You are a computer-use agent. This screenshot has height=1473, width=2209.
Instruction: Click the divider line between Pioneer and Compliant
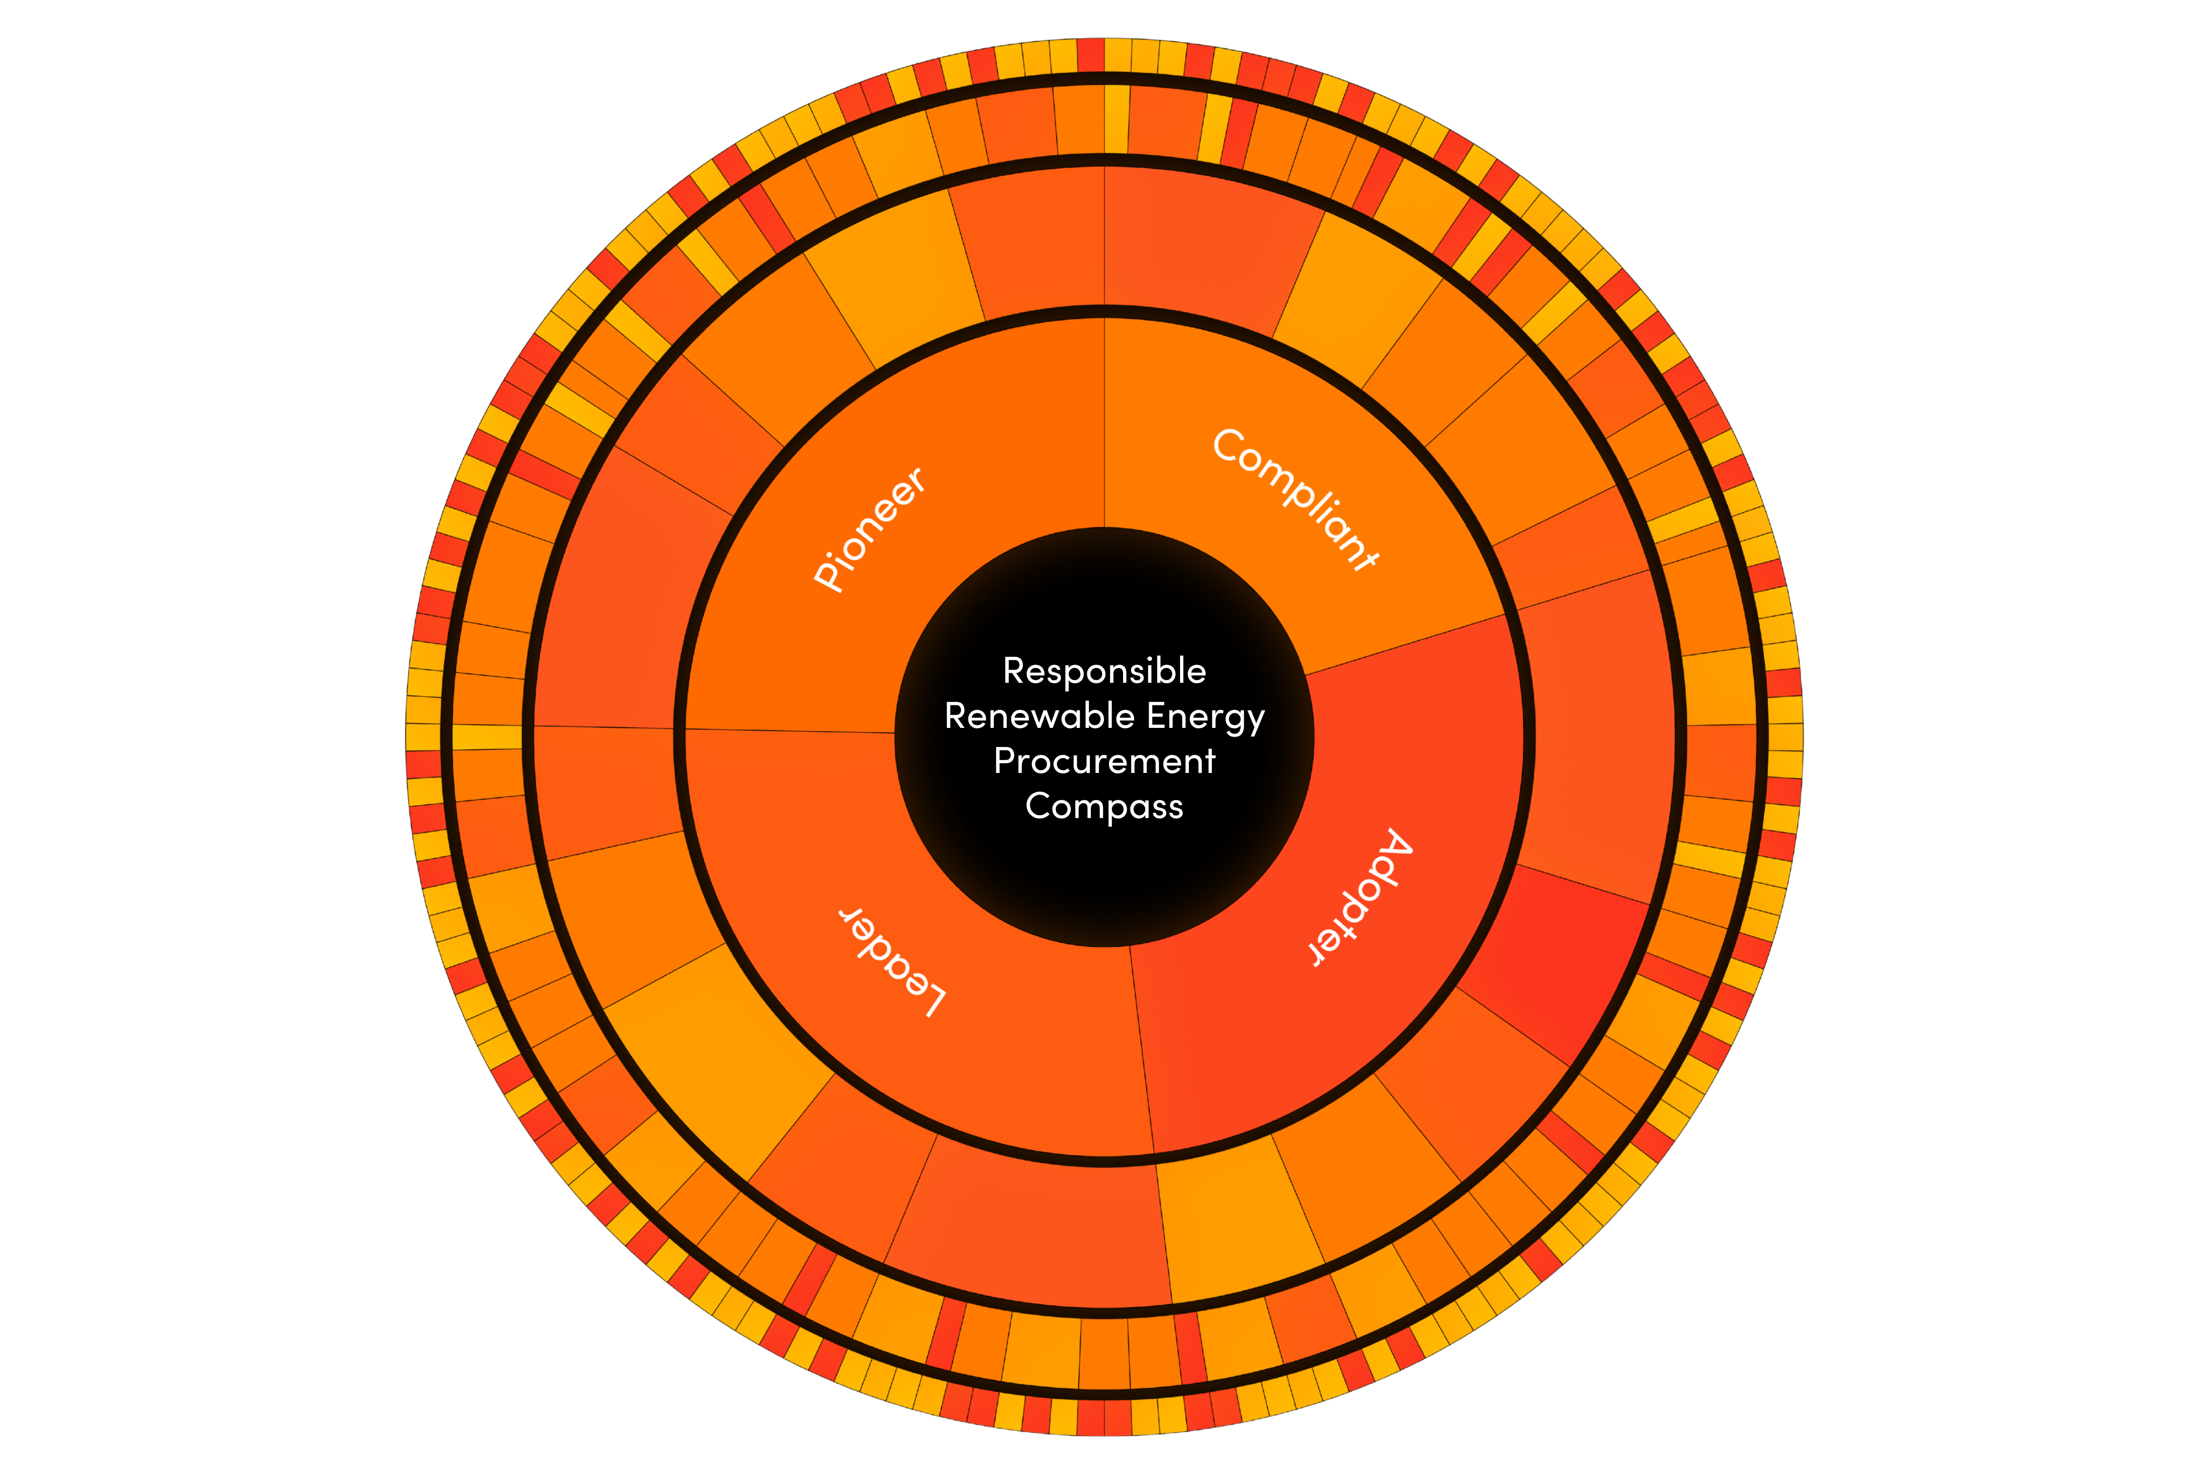pyautogui.click(x=1104, y=423)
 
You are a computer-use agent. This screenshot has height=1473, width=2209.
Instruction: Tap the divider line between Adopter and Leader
pyautogui.click(x=1141, y=1049)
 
